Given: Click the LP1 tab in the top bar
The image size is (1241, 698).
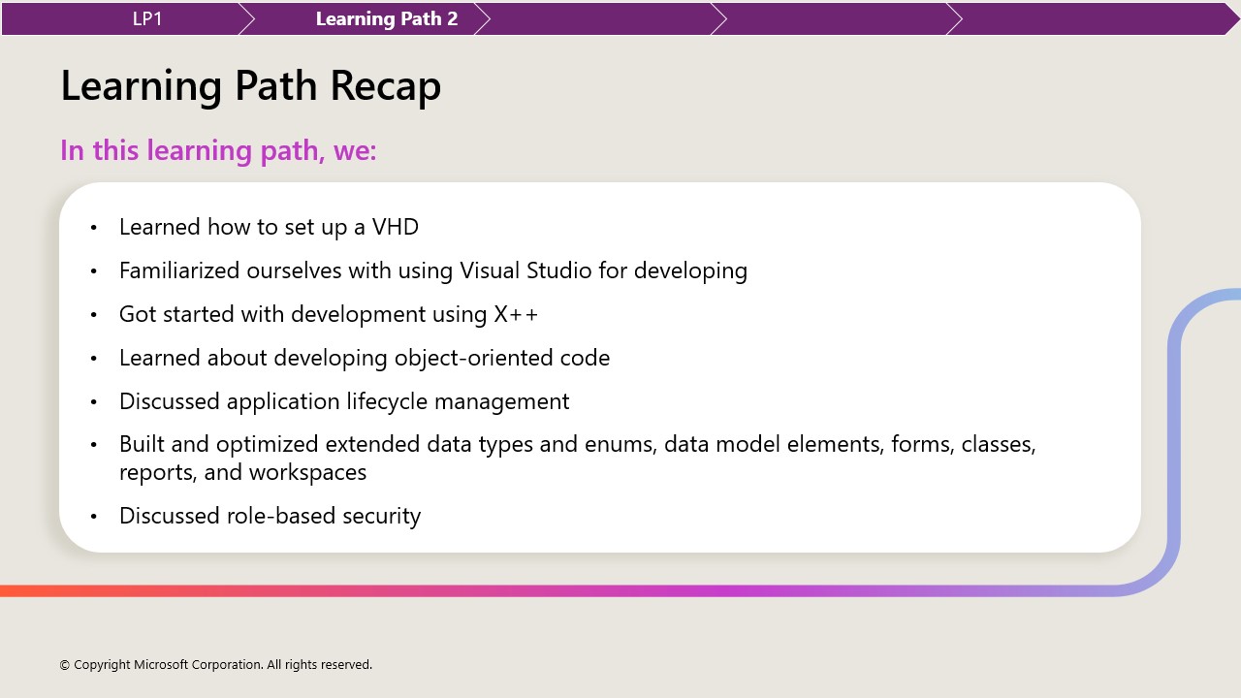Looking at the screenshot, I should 147,18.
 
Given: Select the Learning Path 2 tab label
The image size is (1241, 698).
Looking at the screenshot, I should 386,18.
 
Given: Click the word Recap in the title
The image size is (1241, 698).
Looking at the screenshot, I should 385,86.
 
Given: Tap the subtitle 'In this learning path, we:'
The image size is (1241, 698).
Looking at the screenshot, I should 218,150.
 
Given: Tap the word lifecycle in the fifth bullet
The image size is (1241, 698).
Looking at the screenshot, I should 387,401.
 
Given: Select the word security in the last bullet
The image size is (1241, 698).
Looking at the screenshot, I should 382,516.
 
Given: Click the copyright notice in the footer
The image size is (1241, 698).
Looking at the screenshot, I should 215,665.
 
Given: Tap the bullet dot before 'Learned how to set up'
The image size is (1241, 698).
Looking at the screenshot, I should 94,228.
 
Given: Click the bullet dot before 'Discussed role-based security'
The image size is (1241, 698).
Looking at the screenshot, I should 94,517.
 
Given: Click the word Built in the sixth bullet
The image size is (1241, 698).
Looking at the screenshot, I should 140,444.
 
